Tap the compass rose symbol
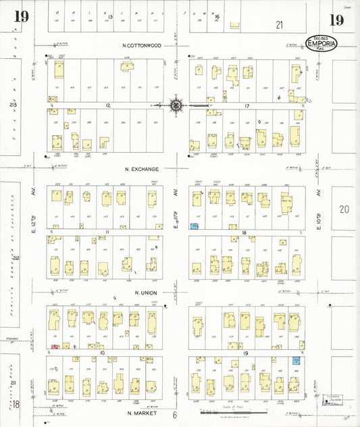176,105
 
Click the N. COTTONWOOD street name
142,45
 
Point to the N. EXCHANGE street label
140,169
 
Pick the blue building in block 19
296,361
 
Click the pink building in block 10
54,347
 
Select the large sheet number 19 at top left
21,16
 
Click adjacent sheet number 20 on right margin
344,209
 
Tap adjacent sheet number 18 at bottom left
17,404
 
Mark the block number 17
247,105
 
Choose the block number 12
107,105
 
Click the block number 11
107,231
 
